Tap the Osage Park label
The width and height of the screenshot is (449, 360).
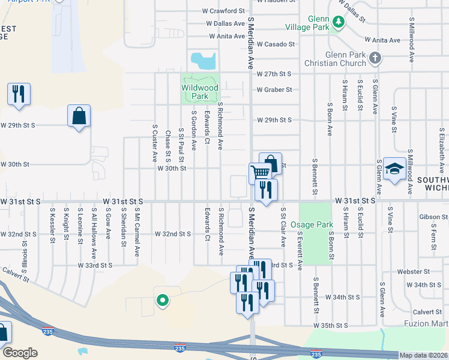[x=312, y=224]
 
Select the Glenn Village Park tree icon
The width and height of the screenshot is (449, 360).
[x=339, y=23]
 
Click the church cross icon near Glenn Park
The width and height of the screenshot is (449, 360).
[x=376, y=58]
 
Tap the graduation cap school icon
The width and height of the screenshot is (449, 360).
[x=395, y=170]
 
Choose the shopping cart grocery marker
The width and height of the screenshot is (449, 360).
[x=260, y=172]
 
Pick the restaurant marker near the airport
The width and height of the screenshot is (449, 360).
[x=19, y=94]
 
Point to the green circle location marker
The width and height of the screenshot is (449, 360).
[x=161, y=301]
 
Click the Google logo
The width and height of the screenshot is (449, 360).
[x=20, y=353]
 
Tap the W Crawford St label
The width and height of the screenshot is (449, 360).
[x=223, y=11]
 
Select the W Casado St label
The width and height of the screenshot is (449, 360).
[x=276, y=44]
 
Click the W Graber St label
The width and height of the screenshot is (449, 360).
[x=274, y=90]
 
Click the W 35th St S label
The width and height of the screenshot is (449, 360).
[x=333, y=325]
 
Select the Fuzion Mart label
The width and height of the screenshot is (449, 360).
[x=430, y=323]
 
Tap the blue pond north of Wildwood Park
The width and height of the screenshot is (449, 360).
[x=203, y=59]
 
